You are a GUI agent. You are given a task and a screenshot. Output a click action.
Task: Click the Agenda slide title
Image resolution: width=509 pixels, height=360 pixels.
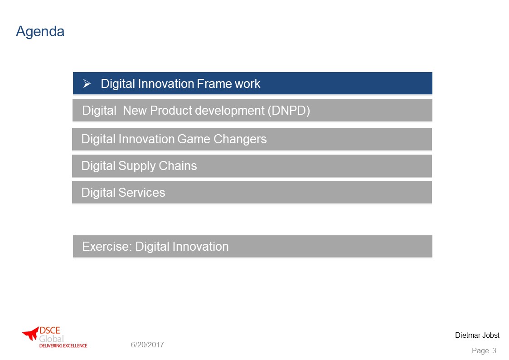[x=40, y=32]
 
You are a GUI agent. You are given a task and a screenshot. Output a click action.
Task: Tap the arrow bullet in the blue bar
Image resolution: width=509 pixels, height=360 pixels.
[x=87, y=84]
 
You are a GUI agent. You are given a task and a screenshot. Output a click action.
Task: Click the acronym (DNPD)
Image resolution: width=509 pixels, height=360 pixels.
[x=289, y=111]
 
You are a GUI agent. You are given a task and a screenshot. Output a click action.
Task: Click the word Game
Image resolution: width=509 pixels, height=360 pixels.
[x=194, y=139]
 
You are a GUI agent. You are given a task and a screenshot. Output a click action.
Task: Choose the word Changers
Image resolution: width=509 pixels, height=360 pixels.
[x=240, y=139]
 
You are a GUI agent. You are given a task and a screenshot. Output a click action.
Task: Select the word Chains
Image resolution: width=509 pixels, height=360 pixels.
[x=178, y=166]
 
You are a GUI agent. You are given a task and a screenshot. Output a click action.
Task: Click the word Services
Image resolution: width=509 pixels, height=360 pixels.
[x=141, y=193]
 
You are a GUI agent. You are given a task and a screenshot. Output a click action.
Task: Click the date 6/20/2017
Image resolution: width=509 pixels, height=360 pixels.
[x=147, y=345]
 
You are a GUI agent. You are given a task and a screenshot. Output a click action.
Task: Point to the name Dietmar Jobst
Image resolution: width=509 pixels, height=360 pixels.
[x=477, y=336]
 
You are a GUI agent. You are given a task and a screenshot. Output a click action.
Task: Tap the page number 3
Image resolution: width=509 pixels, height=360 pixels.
[x=494, y=350]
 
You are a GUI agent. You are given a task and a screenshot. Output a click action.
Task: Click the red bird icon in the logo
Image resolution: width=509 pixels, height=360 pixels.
[x=30, y=333]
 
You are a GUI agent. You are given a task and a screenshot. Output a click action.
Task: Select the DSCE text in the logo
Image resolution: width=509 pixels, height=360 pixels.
[x=50, y=331]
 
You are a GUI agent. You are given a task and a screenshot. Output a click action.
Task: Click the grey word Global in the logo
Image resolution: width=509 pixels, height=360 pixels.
[x=51, y=339]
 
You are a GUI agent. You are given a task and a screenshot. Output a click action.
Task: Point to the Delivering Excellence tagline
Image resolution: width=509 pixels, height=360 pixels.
[x=63, y=346]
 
